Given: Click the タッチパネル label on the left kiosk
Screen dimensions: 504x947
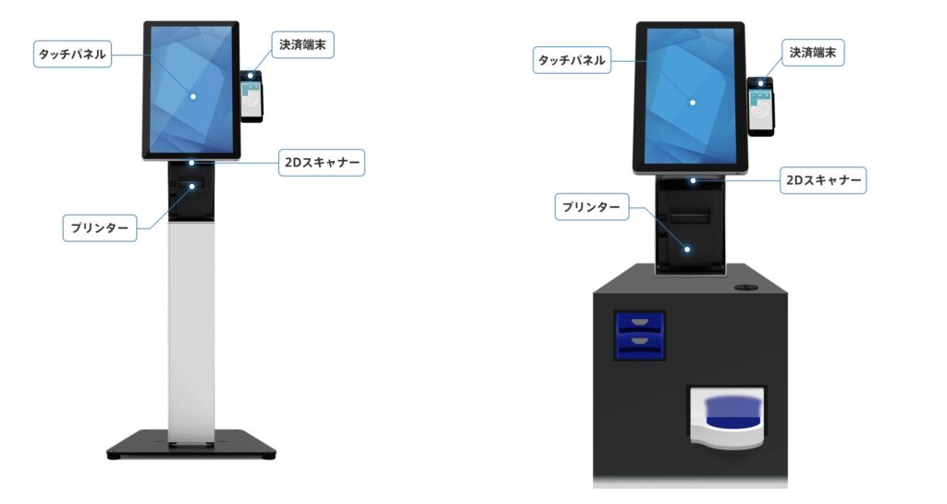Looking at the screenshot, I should pos(71,54).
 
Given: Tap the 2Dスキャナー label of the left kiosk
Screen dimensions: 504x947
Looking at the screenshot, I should pos(323,164).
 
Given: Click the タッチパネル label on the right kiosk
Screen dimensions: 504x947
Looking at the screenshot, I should pos(572,61).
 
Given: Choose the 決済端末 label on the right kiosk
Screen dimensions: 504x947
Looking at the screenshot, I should pos(813,54).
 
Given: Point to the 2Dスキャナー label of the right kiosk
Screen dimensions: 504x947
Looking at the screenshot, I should pos(822,180).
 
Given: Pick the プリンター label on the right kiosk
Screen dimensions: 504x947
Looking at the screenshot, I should pos(592,206).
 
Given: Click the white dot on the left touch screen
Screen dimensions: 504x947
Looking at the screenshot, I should pos(192,95).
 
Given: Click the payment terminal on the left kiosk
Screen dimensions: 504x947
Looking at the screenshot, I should pos(252,96).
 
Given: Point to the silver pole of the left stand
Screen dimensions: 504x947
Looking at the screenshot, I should pos(191,333).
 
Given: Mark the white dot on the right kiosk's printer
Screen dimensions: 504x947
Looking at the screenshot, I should pos(688,248).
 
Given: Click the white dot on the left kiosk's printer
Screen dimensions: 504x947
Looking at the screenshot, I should pos(192,186).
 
